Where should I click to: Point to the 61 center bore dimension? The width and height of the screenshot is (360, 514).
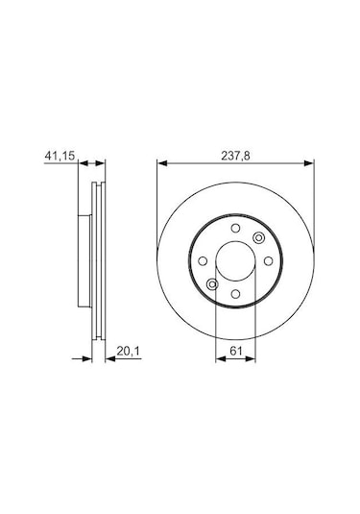pos(235,352)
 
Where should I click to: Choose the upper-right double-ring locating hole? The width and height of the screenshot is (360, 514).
pos(257,239)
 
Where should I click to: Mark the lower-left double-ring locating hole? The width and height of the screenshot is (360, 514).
pos(213,283)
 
